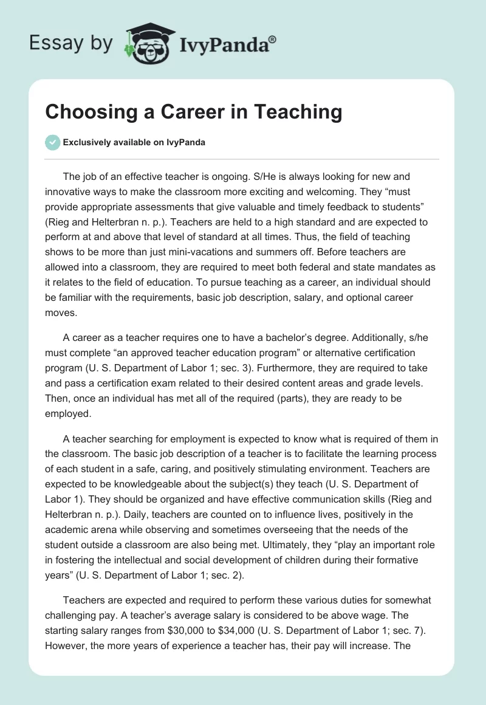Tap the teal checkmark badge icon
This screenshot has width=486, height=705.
(53, 142)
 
